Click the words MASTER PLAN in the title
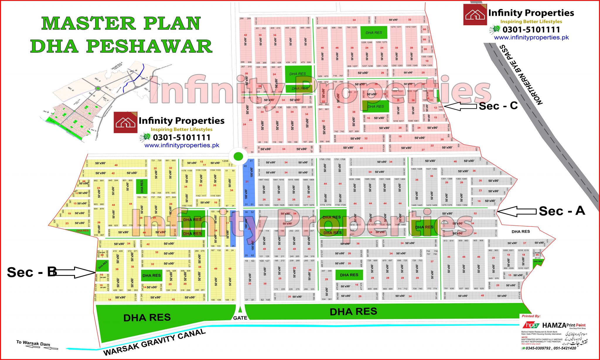121,23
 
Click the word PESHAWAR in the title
149,46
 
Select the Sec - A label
562,211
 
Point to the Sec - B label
32,272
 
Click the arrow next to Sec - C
460,106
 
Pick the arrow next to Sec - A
517,211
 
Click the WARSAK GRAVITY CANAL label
154,342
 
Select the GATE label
240,318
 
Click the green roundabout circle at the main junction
238,156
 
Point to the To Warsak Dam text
33,343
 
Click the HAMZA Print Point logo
554,325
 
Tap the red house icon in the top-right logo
475,15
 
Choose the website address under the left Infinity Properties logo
182,146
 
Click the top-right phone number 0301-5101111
531,30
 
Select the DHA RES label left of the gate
147,318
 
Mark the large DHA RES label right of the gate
353,312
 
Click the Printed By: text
531,316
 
